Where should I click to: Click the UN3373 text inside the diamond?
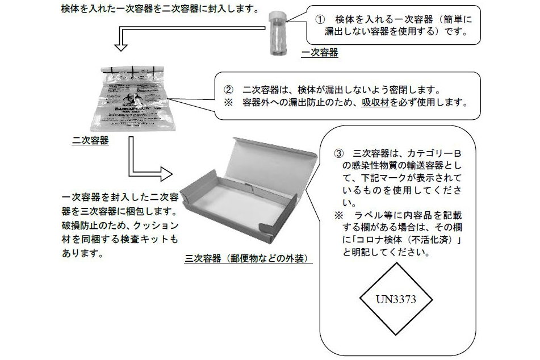point(396,299)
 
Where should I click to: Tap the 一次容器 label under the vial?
point(320,53)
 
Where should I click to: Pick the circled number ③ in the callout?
point(339,153)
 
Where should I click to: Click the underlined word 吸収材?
point(374,103)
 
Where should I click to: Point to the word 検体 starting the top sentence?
point(71,10)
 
